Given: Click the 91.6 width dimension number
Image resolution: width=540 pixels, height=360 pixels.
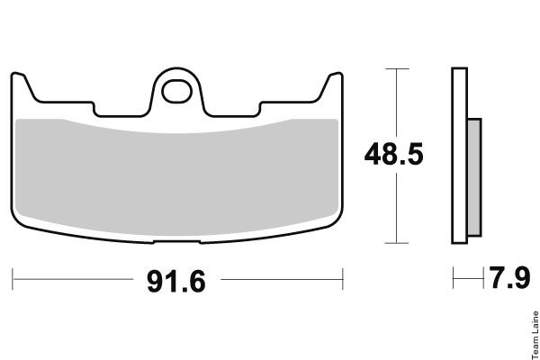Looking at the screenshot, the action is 176,282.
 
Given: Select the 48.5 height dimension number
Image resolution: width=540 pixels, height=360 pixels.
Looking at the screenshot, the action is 393,154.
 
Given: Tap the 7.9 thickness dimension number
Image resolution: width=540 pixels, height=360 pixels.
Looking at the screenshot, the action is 510,278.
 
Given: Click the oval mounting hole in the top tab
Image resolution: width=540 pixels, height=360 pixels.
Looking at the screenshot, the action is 176,91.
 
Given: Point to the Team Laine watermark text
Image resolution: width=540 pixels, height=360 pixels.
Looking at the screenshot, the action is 535,335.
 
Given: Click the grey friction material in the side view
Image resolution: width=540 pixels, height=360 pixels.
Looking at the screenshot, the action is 474,177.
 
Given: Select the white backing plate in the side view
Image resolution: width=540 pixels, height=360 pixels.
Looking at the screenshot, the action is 459,156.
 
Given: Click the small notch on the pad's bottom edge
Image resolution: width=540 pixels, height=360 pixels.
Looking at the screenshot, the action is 176,242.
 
